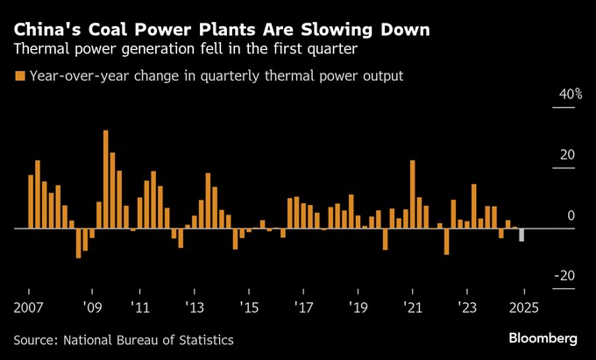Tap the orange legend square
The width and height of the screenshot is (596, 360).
coord(19,76)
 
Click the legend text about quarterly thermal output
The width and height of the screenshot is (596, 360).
coord(216,76)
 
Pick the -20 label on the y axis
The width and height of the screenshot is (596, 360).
coord(564,276)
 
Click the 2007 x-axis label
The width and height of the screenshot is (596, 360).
coord(29,308)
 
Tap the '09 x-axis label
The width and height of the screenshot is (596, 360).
coord(92,308)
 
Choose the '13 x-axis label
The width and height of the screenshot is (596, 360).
coord(195,308)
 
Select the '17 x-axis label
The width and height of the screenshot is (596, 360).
coord(303,308)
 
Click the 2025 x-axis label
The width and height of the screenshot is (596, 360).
coord(523,308)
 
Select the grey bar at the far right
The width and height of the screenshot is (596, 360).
coord(522,235)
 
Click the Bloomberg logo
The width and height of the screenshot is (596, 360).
coord(543,338)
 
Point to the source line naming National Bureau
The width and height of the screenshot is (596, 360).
coord(124,339)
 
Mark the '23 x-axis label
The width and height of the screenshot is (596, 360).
coord(467,308)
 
